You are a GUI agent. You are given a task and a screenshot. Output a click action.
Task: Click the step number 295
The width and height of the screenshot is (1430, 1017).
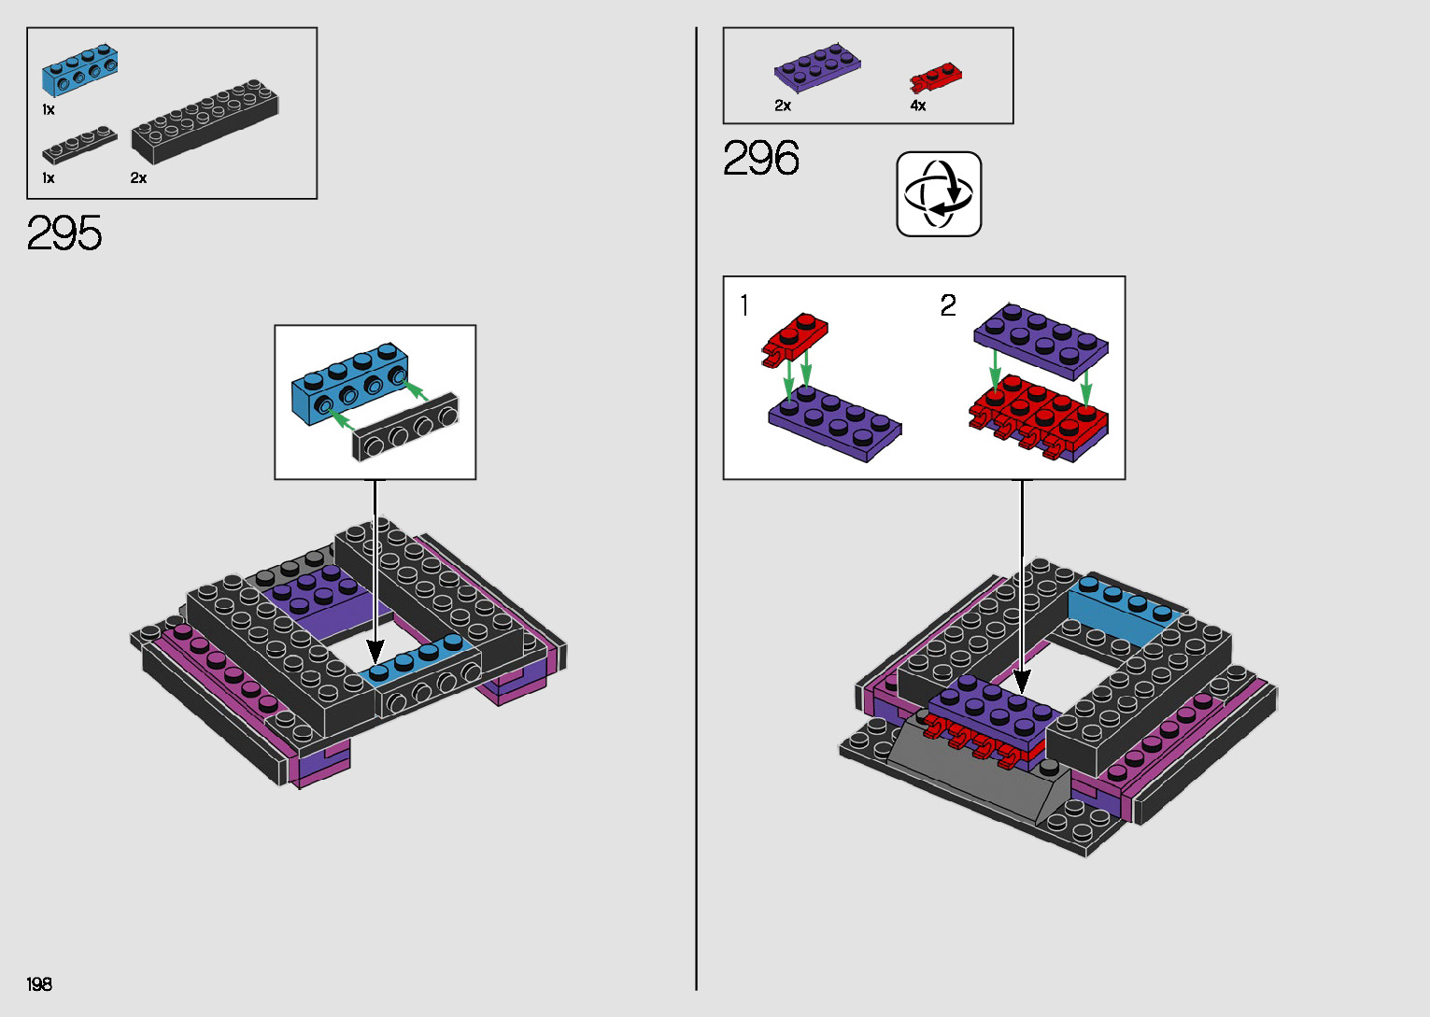pos(64,233)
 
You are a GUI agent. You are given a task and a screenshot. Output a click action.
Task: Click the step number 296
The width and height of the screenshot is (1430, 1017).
pos(761,159)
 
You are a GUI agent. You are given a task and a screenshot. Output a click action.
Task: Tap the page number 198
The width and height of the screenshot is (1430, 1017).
pos(39,984)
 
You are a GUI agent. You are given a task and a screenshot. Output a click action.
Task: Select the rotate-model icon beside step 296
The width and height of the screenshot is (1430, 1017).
pos(939,194)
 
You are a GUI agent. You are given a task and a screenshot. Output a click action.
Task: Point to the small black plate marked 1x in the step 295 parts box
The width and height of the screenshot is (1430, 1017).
pos(79,144)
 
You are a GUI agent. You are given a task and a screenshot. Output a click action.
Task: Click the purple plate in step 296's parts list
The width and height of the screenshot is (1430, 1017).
pos(817,67)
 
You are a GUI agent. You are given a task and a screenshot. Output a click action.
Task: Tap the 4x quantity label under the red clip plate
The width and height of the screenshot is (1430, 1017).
pos(918,106)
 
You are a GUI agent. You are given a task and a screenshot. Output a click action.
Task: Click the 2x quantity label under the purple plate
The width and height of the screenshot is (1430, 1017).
pos(783,106)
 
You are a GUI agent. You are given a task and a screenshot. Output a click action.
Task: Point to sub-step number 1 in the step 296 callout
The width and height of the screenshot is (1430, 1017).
pos(744,305)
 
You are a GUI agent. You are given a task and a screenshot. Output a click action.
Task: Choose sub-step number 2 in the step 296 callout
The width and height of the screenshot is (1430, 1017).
pos(948,305)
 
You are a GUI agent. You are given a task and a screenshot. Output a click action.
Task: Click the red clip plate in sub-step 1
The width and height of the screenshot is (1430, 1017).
pos(795,337)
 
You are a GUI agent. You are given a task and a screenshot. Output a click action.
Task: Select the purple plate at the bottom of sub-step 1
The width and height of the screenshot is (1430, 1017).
pos(835,425)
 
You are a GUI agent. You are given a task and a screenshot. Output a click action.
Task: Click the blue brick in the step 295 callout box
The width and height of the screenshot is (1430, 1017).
pos(349,383)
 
